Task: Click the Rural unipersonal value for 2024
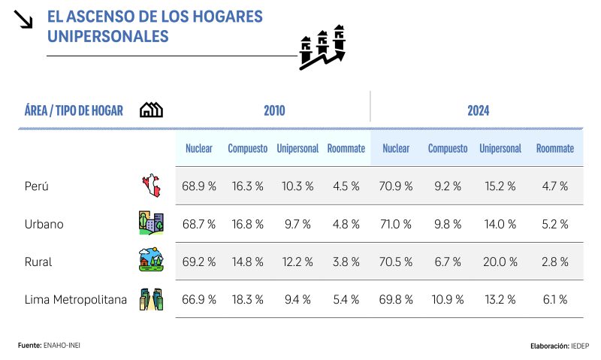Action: tap(500, 262)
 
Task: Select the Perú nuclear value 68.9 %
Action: tap(199, 186)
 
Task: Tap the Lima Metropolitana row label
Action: tap(76, 300)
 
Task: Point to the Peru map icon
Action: tap(151, 186)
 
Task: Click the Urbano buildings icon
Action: tap(151, 223)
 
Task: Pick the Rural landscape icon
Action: tap(151, 261)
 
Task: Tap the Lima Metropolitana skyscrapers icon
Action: tap(151, 299)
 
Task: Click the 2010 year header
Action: tap(274, 110)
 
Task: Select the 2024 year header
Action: tap(479, 110)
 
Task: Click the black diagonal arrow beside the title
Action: tap(24, 20)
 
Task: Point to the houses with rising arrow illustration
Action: tap(323, 47)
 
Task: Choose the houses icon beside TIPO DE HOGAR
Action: tap(151, 110)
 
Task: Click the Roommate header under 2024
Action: tap(555, 149)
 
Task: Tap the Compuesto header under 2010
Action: tap(248, 149)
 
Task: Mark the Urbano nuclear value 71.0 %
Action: tap(396, 224)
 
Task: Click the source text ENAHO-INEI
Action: tap(63, 345)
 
